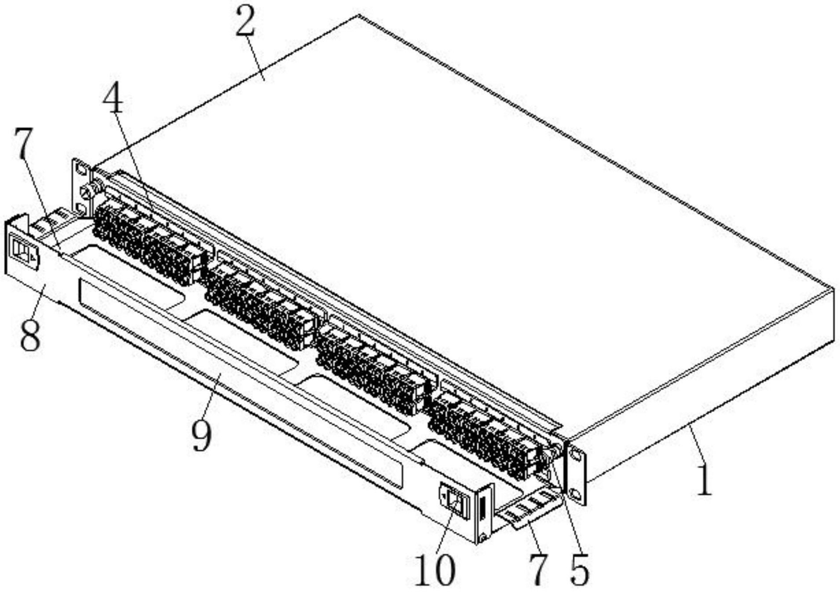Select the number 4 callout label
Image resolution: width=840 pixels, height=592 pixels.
point(113,97)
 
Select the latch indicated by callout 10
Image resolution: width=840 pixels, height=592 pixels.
point(455,502)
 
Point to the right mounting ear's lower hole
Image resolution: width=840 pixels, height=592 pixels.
point(575,495)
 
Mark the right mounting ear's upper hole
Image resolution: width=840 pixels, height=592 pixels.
point(575,456)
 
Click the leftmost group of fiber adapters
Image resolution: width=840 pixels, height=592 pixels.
point(147,242)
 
